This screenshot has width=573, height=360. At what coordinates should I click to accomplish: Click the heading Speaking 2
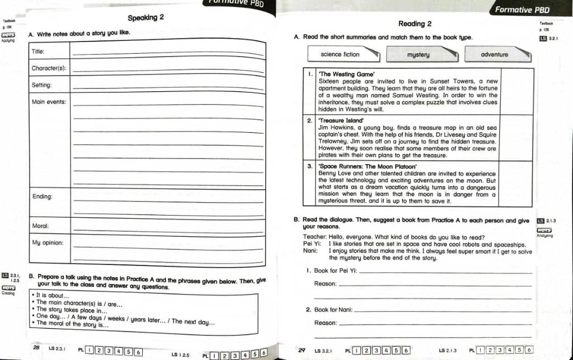coord(145,17)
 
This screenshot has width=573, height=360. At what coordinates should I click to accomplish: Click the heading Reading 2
coord(415,24)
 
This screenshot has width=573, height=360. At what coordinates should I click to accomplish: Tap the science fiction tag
coord(340,54)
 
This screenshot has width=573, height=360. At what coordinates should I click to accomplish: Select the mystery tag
coord(418,55)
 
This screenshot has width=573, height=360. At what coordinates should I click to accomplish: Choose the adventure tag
coord(494,55)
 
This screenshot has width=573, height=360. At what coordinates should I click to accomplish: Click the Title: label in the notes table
coord(38,51)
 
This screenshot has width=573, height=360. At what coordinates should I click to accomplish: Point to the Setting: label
coord(41,85)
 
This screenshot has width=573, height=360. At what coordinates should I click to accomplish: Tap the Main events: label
coord(49,102)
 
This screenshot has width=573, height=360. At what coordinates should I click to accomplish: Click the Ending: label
coord(43,197)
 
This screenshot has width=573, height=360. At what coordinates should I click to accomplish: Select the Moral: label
coord(40,226)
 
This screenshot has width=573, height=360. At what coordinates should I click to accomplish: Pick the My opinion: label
coord(48,242)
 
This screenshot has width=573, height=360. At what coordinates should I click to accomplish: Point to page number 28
coord(36,348)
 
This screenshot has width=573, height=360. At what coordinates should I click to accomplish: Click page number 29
coord(302,350)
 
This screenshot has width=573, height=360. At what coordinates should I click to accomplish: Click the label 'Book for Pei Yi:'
coord(335,271)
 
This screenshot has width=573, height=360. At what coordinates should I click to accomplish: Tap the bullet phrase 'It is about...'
coord(53,296)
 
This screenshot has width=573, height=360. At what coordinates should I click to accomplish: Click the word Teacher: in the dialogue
coord(315,237)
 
